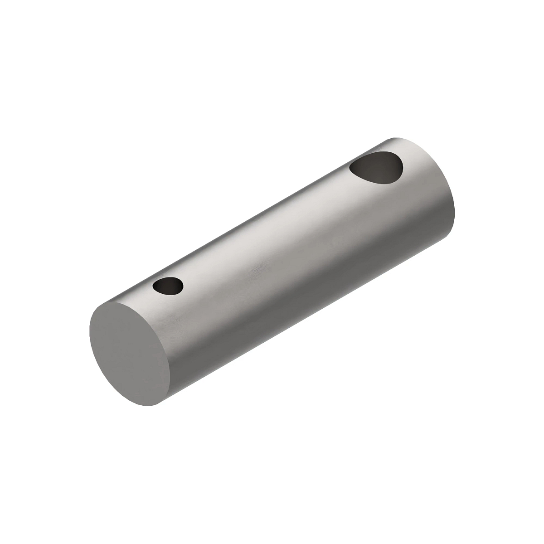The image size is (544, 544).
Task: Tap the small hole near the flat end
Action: pyautogui.click(x=168, y=286)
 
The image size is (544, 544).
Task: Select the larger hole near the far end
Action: pyautogui.click(x=377, y=168)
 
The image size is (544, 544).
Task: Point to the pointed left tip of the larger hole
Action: pyautogui.click(x=351, y=170)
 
